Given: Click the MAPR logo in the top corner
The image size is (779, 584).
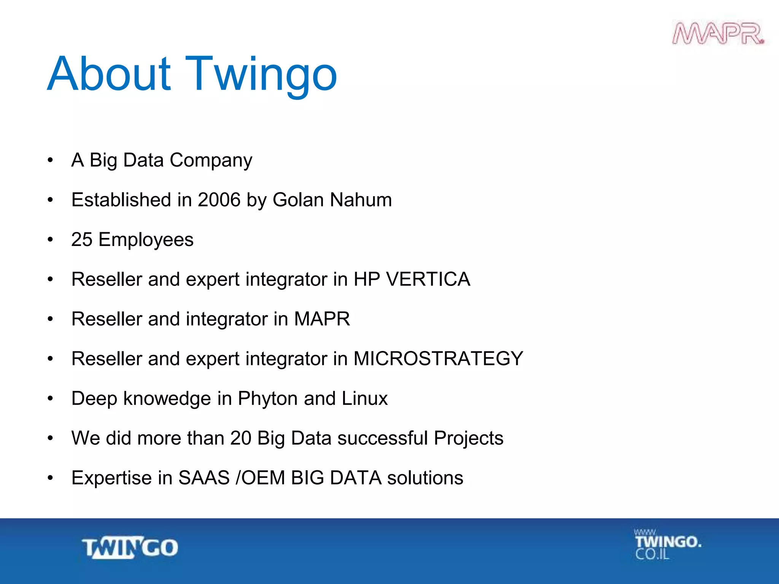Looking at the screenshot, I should point(718,34).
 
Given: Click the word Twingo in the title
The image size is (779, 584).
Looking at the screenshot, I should point(261,74).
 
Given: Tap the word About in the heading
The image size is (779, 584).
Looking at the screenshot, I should point(109,74).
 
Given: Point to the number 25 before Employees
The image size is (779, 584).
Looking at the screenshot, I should point(82,240).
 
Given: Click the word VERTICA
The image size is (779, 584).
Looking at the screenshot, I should point(428,279).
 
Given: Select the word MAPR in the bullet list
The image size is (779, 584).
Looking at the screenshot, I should point(322,319).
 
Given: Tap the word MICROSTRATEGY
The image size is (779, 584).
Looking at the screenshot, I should point(438,359).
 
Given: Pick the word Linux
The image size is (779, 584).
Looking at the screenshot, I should point(364,399).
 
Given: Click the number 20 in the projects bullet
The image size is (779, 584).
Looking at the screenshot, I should point(240,438).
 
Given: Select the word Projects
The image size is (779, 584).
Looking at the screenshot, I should point(469,438).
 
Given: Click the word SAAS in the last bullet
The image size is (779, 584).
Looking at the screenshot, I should point(204,478).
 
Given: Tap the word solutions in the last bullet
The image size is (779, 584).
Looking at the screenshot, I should point(425,478).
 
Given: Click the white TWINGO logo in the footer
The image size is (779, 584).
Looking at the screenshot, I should point(130,548).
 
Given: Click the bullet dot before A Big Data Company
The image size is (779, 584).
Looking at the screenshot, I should point(50,160).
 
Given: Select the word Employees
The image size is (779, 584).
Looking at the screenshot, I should point(146,240).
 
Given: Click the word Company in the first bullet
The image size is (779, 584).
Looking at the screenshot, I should point(211,160).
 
